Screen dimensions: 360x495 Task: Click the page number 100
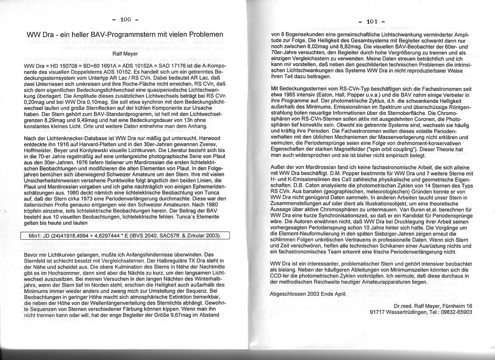[x=126, y=19]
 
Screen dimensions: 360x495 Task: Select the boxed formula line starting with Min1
[x=124, y=235]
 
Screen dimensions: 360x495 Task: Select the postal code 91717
[x=378, y=312]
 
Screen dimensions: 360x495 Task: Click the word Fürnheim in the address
[x=451, y=306]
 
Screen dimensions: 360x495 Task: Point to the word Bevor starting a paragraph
[x=32, y=255]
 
